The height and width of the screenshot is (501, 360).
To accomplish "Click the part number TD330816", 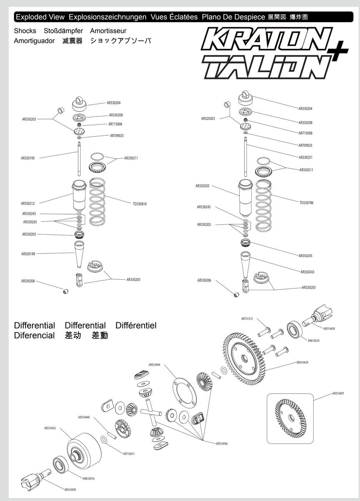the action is coord(139,204).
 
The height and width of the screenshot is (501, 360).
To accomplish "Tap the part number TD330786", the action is coord(306,202).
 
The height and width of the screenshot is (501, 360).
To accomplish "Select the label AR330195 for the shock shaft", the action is coord(28,158).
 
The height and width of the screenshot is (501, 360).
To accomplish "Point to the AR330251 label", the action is coord(305,157).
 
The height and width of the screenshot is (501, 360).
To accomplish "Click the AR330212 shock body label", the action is coord(28,203).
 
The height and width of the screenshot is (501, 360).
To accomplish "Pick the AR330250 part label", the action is coord(202,186).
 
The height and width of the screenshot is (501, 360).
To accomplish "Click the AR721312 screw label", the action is coord(247,319).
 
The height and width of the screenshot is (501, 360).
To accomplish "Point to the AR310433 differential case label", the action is coord(50,428).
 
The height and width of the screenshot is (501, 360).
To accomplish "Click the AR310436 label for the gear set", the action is coord(222,443).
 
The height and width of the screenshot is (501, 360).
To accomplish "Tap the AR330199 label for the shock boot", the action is coord(28,254).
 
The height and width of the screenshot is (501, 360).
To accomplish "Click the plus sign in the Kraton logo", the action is coord(339,51).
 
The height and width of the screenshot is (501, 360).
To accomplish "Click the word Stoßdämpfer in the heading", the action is coord(63,30).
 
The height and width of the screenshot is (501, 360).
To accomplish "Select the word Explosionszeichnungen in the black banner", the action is coord(107,17).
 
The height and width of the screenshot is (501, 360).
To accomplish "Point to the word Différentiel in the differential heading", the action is coord(136,325).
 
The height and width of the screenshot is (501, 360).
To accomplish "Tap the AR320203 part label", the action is coord(208,119).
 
